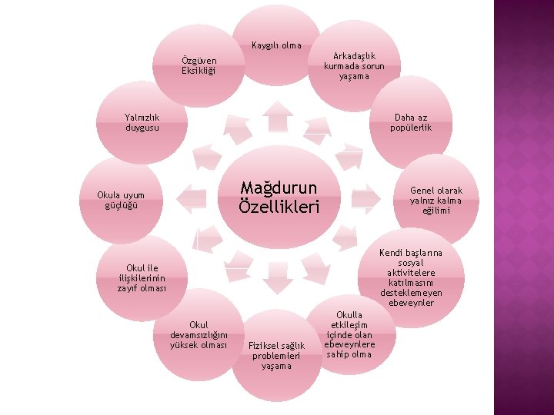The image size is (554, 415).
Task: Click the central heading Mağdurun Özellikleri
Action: pyautogui.click(x=279, y=198)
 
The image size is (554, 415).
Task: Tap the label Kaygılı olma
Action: pyautogui.click(x=276, y=45)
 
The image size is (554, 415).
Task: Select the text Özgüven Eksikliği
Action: pyautogui.click(x=199, y=65)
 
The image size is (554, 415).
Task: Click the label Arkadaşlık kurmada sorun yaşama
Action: pyautogui.click(x=354, y=66)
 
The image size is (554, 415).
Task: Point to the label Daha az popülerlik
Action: pyautogui.click(x=411, y=122)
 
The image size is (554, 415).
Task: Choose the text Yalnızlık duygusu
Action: pyautogui.click(x=142, y=122)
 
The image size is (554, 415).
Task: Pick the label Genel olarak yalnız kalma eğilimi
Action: pyautogui.click(x=436, y=200)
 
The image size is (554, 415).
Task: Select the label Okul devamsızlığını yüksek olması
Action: pyautogui.click(x=199, y=334)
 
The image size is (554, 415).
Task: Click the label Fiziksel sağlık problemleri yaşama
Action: pyautogui.click(x=276, y=355)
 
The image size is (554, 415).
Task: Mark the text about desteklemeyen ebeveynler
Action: pyautogui.click(x=411, y=277)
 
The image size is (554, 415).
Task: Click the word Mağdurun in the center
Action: pyautogui.click(x=279, y=188)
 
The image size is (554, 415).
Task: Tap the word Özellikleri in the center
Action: pyautogui.click(x=279, y=207)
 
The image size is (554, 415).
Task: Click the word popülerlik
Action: pyautogui.click(x=411, y=128)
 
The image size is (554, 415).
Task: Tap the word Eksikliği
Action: pyautogui.click(x=199, y=71)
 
